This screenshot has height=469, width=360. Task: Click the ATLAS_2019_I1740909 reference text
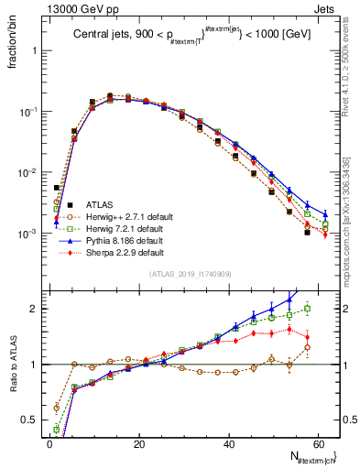(190, 274)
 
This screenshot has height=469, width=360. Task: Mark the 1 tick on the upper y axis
(37, 50)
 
